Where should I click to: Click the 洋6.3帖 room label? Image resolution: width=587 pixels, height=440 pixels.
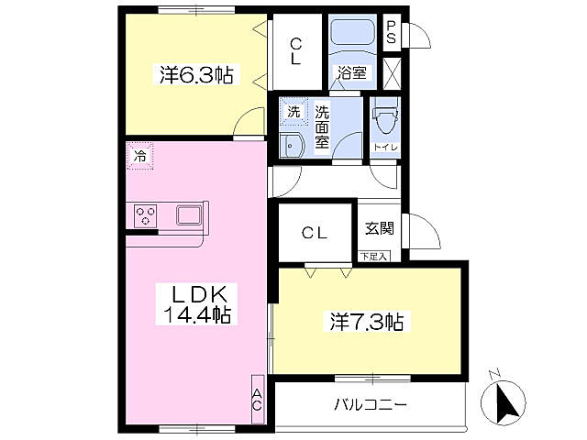(196, 75)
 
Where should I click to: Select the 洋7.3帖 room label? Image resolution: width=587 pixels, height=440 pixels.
(367, 322)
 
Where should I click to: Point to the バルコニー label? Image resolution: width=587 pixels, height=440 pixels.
(370, 404)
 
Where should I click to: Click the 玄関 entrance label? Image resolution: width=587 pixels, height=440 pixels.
(380, 228)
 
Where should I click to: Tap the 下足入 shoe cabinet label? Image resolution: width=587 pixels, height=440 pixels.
(374, 257)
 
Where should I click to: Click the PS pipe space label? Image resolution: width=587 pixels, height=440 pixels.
(392, 32)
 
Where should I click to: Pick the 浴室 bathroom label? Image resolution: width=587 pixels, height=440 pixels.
(352, 72)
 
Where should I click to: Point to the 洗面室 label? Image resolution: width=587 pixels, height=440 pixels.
(322, 127)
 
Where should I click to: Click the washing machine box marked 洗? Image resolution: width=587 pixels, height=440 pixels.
(293, 111)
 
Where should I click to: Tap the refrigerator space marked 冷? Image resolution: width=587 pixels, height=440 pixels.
(140, 156)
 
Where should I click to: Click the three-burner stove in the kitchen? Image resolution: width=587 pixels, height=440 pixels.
(145, 216)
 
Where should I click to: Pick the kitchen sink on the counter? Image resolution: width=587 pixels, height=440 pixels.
(190, 215)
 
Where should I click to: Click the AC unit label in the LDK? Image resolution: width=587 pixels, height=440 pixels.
(257, 400)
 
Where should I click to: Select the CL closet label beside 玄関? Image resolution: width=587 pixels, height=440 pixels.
(315, 233)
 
